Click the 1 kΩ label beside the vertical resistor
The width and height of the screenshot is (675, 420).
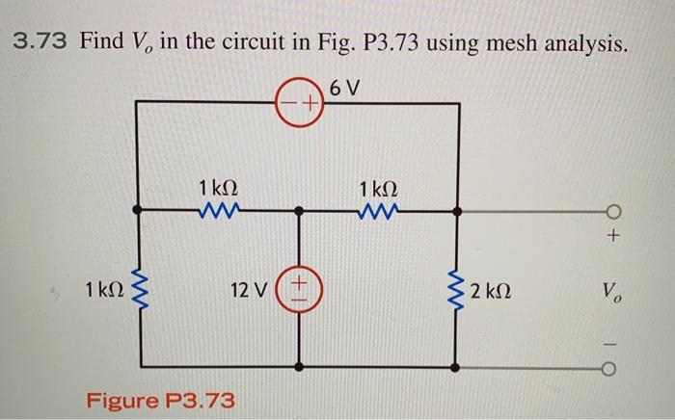102,289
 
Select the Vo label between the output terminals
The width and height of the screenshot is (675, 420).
611,289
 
